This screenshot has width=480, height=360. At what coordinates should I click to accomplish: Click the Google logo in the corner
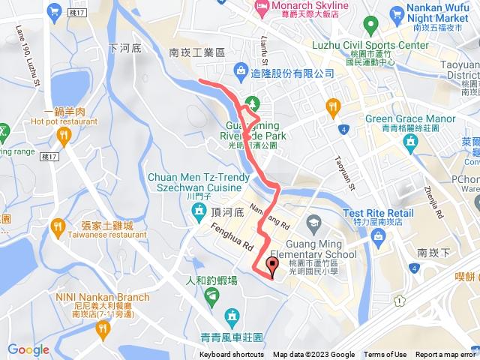[x=28, y=349]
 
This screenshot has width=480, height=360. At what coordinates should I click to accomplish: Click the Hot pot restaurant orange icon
[x=64, y=135]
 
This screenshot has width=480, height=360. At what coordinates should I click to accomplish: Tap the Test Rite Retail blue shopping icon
[x=379, y=238]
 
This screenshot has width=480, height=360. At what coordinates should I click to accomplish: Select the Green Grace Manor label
[x=410, y=119]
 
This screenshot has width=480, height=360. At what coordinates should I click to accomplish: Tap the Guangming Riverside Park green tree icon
[x=253, y=102]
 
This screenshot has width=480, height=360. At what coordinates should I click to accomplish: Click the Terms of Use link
[x=385, y=355]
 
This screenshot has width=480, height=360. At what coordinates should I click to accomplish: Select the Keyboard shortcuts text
[x=232, y=355]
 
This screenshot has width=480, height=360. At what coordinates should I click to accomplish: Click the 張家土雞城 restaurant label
[x=107, y=226]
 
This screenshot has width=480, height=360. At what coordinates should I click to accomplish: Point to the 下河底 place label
[x=124, y=47]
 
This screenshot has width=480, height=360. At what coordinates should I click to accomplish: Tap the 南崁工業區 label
[x=197, y=53]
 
